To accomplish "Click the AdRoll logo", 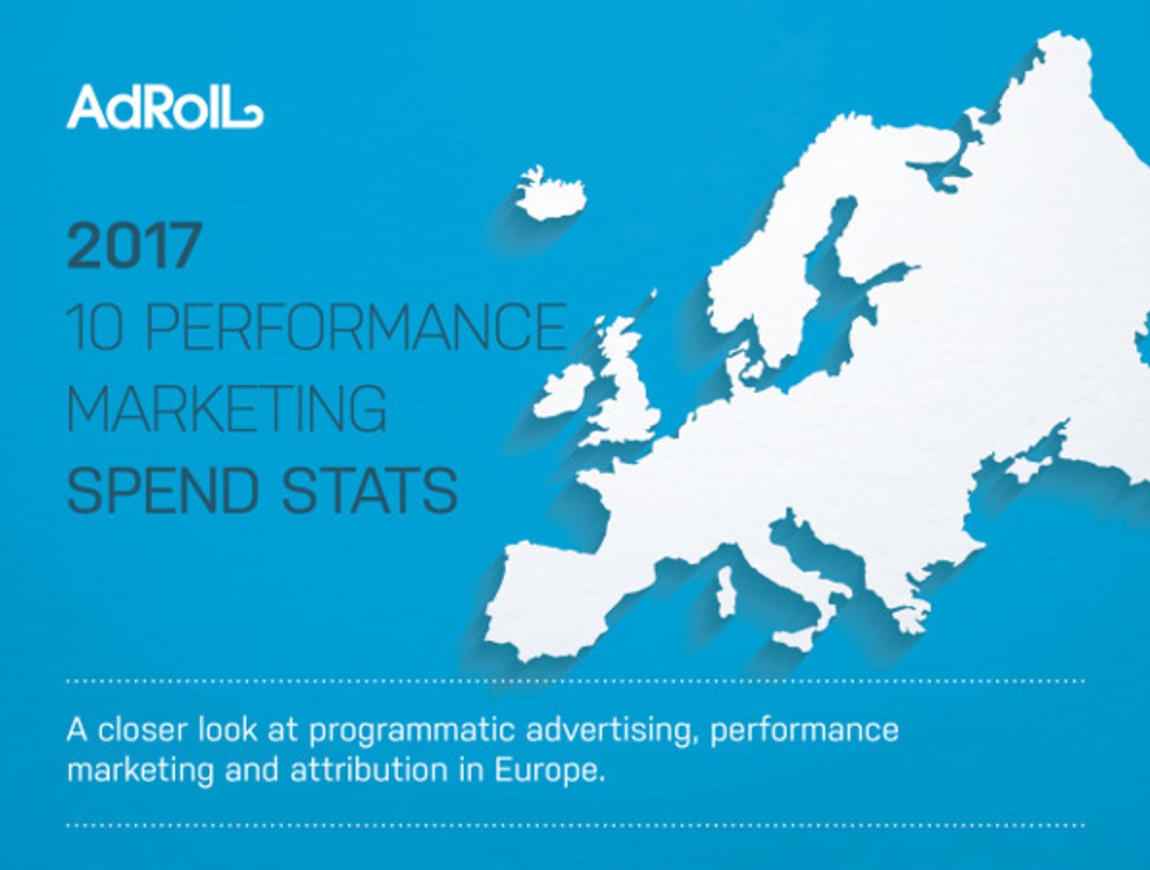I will click(x=163, y=107).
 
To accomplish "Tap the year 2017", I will click(x=135, y=246).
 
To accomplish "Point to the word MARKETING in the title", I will click(x=227, y=408).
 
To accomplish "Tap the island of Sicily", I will click(x=796, y=637).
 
